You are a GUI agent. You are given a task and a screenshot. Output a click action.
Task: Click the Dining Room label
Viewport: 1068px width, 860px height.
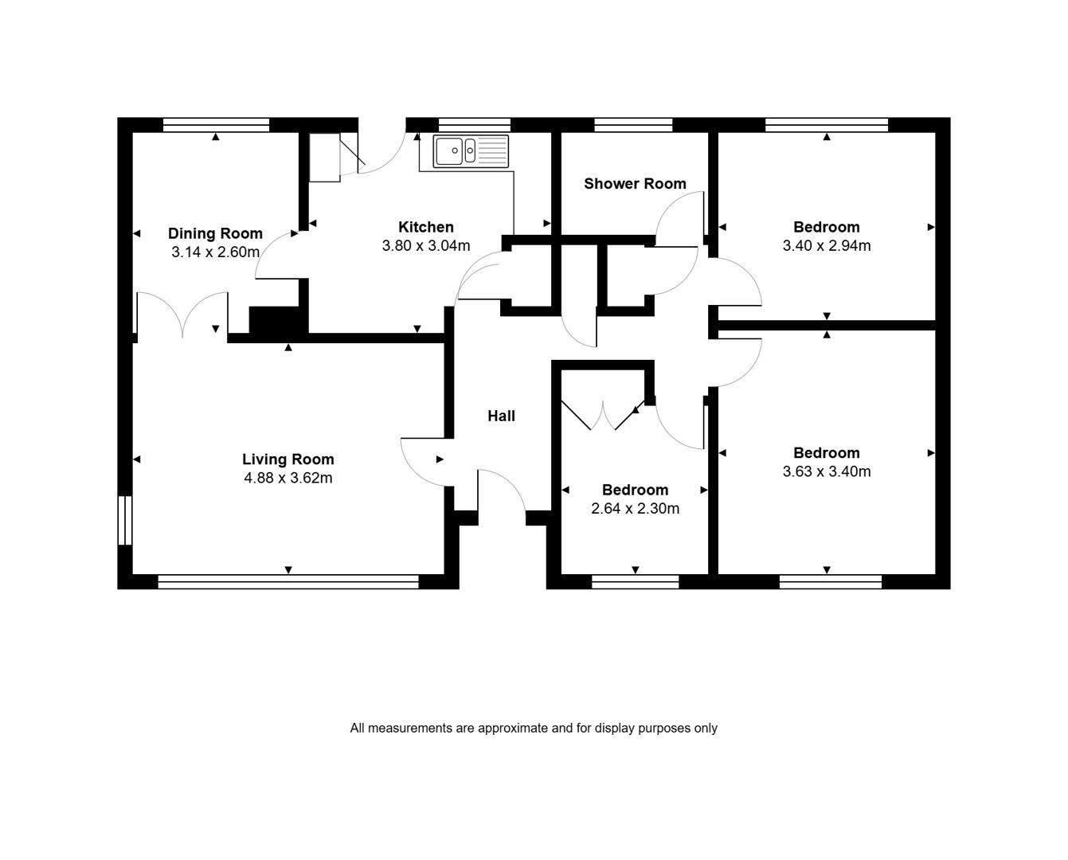point(215,233)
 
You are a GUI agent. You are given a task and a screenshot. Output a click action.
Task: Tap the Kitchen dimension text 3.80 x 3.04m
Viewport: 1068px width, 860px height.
point(426,245)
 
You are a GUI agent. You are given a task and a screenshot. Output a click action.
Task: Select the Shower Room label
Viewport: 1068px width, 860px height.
point(635,184)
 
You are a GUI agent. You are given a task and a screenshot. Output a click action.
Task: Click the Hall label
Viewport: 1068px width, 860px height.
point(501,416)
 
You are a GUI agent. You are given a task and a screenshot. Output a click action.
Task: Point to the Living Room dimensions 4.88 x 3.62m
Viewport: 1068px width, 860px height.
point(288,478)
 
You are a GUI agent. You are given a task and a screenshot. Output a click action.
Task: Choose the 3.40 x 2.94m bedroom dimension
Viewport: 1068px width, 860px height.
point(827,245)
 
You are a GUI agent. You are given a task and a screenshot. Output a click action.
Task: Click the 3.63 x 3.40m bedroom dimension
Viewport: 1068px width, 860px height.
point(827,471)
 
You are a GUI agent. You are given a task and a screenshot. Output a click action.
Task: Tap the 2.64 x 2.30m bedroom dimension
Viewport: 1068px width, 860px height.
point(635,509)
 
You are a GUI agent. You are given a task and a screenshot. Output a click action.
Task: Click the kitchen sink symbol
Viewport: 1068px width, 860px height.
point(471,150)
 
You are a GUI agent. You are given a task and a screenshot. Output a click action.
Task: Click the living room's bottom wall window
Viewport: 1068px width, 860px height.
point(288,581)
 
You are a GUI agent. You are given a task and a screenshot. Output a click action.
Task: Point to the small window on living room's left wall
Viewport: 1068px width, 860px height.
point(125,520)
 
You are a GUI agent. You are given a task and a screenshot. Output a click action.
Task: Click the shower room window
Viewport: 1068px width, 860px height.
point(633,124)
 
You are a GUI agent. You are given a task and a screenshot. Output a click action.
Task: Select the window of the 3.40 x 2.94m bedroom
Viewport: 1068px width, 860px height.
point(827,124)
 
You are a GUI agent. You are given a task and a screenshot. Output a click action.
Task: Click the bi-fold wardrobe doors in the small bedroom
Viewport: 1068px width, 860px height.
point(602,416)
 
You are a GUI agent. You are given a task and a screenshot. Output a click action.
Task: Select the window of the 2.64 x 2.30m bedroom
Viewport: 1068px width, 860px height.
point(636,581)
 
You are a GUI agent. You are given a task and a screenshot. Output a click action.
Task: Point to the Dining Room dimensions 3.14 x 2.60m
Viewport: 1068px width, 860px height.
point(215,252)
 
